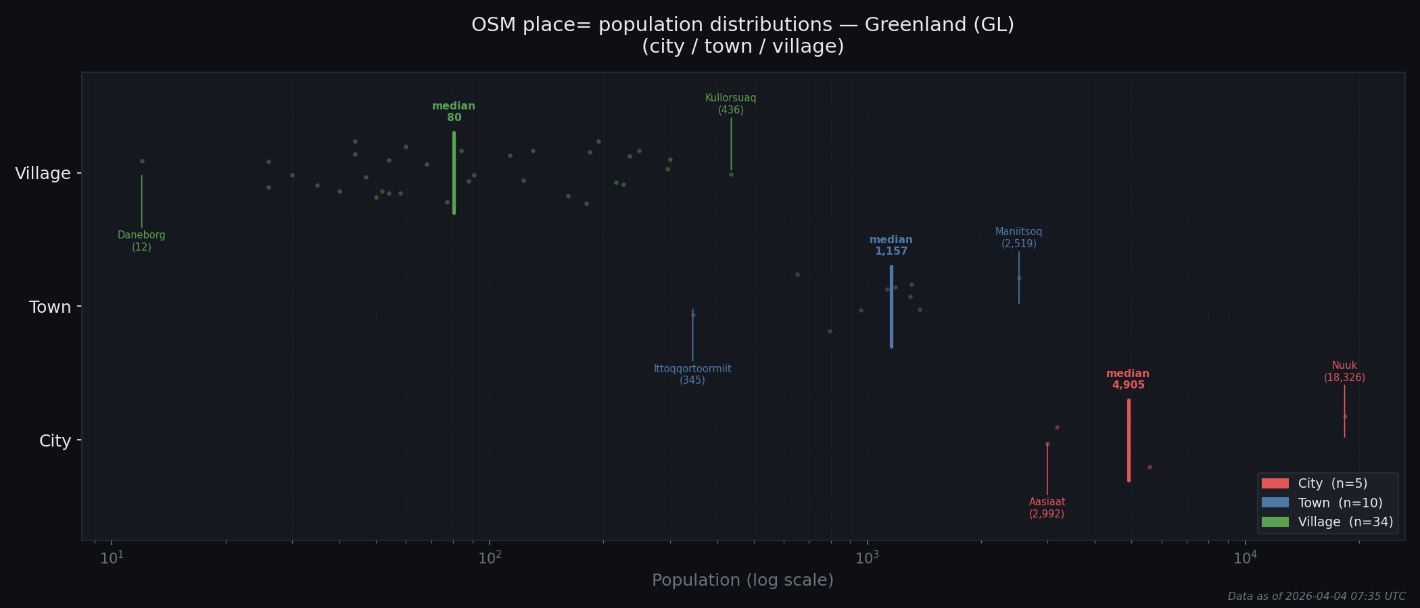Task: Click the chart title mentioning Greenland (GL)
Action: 742,35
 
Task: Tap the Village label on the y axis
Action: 43,174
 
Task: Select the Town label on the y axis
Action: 50,307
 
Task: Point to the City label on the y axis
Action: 55,441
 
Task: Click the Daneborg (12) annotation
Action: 141,241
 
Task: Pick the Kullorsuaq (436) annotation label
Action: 730,104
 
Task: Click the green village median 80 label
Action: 454,112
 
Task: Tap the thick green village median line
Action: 454,173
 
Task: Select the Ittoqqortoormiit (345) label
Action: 692,374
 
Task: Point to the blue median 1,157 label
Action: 891,246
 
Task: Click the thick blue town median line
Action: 891,307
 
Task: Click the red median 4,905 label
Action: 1128,380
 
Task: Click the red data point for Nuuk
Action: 1345,416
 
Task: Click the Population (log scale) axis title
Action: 742,580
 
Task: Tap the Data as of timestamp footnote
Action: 1316,597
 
